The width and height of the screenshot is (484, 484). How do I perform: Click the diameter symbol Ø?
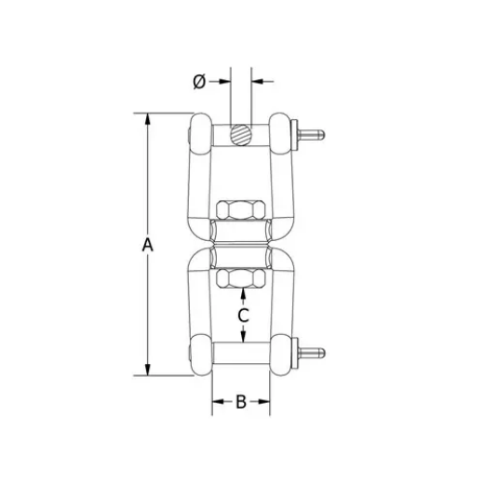point(198,82)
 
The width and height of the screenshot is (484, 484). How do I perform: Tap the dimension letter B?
point(240,402)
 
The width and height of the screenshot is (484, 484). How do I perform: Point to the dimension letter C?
point(242,316)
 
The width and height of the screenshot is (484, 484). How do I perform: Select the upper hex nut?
point(241,208)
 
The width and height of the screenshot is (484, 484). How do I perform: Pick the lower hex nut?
point(241,277)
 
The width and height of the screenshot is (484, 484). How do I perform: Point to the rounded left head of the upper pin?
point(198,133)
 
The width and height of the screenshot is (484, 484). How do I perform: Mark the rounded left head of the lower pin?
point(198,355)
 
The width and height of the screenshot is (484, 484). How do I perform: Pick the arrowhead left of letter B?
point(218,402)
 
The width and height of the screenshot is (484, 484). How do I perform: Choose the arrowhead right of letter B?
point(264,402)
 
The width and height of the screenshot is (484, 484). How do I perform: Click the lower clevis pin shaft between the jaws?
point(241,355)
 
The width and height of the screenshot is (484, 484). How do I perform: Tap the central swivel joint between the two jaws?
point(241,243)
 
